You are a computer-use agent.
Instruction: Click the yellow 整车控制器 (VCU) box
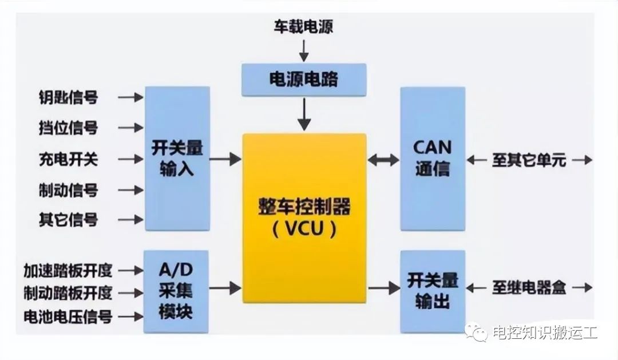(x=304, y=218)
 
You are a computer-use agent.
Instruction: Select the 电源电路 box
(x=304, y=80)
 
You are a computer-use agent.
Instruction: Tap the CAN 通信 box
(x=432, y=159)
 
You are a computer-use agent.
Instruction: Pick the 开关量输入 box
(x=177, y=159)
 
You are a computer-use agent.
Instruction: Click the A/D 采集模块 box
(x=176, y=291)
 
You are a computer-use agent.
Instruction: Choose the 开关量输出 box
(x=432, y=291)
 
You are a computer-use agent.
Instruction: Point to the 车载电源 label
(x=303, y=26)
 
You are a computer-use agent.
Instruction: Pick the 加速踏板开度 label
(x=68, y=270)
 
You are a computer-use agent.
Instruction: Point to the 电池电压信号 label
(x=68, y=316)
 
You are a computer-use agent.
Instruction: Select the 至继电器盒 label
(x=529, y=287)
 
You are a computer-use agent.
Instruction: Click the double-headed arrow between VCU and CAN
(x=383, y=160)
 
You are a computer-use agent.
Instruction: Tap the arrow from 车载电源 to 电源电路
(x=304, y=50)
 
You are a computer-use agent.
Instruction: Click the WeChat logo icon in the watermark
(x=477, y=331)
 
